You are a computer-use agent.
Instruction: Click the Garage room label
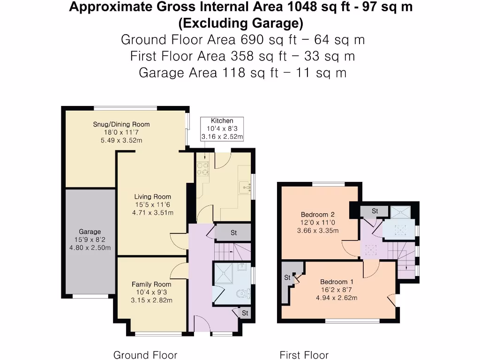coord(90,232)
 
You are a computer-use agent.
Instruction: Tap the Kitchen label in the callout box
coord(222,120)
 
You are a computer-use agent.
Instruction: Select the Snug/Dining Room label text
coord(121,124)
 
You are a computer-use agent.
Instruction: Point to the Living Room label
coord(152,197)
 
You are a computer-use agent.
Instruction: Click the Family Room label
coord(151,284)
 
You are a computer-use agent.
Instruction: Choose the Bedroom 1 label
coord(337,282)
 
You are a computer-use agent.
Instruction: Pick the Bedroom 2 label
coord(317,215)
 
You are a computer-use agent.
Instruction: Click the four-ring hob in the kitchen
coord(203,168)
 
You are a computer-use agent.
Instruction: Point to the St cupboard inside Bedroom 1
coord(288,277)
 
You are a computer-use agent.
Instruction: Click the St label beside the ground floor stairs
coord(233,232)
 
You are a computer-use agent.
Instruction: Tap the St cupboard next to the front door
coord(245,313)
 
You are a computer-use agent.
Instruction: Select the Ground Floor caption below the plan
coord(145,355)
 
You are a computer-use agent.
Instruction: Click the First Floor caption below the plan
coord(304,355)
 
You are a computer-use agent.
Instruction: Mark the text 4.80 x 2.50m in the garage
coord(90,248)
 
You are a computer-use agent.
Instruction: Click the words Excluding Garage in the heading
coord(240,23)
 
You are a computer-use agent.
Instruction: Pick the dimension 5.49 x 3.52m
coord(121,140)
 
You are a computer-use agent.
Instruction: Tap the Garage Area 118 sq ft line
coord(242,73)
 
